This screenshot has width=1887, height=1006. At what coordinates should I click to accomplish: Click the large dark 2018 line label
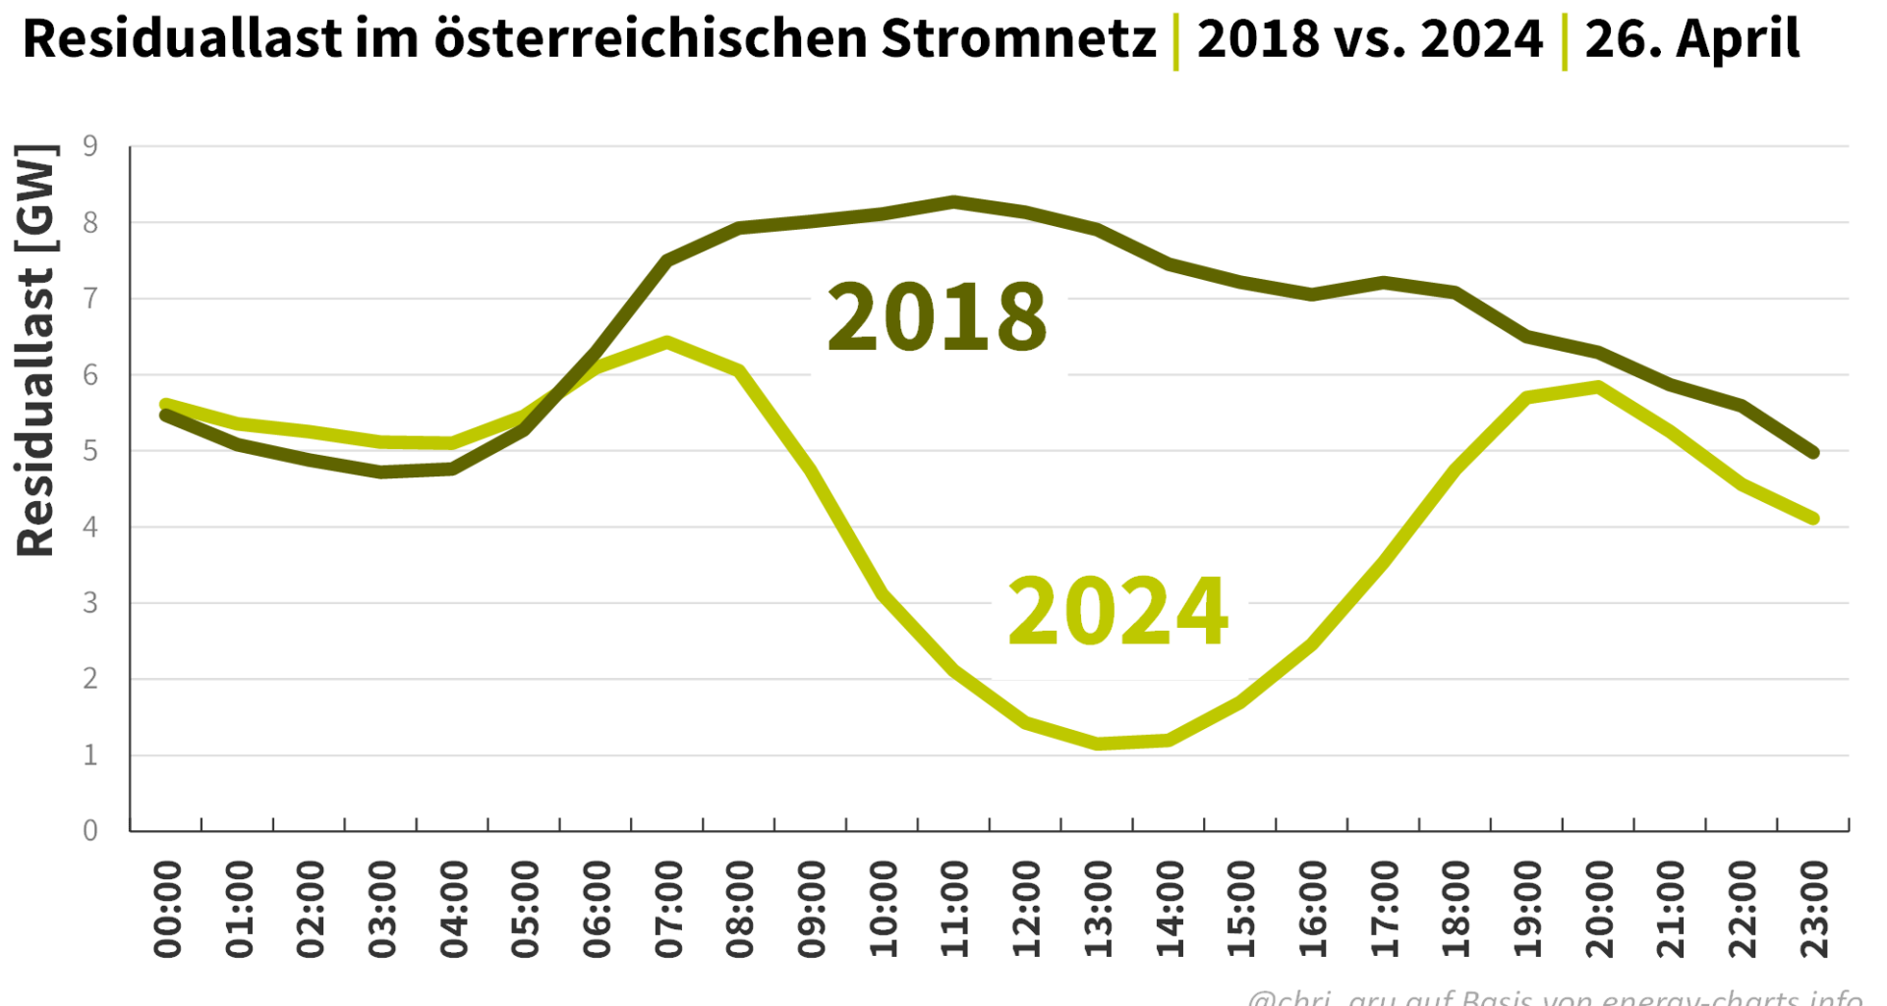(937, 316)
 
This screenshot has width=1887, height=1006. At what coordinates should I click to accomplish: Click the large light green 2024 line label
(1117, 612)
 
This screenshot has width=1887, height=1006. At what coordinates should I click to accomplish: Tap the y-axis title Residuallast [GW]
(36, 351)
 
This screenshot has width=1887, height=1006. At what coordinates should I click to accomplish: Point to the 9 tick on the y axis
(90, 146)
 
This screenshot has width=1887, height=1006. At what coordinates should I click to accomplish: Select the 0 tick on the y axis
(90, 831)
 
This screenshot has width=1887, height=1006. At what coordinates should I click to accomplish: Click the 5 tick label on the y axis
(90, 451)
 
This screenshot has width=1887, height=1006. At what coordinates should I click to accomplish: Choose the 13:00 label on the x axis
(1098, 909)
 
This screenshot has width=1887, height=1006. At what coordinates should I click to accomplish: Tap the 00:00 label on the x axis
(167, 909)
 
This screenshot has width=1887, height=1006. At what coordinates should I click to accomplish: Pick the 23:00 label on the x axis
(1813, 909)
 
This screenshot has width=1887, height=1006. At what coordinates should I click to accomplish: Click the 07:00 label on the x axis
(668, 909)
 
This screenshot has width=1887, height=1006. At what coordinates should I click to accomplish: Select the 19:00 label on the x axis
(1527, 909)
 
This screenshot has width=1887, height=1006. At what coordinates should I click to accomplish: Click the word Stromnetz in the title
(1018, 39)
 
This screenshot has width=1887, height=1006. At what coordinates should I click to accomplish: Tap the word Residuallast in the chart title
(183, 39)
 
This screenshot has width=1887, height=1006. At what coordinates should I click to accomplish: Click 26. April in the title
(1692, 39)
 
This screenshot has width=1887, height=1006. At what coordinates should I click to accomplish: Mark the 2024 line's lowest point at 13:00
(1098, 744)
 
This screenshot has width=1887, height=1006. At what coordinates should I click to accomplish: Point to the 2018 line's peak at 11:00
(954, 202)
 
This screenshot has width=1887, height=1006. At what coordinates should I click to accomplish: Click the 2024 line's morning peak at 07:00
(667, 343)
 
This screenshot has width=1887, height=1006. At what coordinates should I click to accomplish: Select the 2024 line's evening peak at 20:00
(1599, 387)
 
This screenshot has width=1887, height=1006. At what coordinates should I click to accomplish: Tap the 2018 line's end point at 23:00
(1813, 453)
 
